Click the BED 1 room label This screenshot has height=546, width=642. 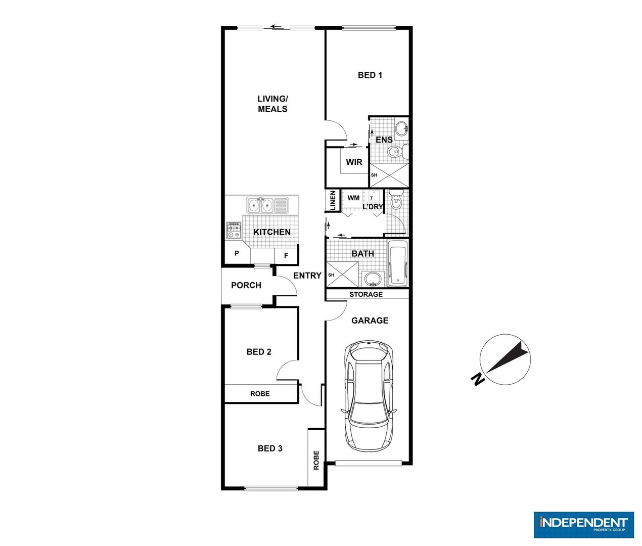point(370,75)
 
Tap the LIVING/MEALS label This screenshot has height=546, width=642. point(272,104)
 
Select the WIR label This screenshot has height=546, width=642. point(354,162)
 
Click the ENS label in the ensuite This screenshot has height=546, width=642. point(384,140)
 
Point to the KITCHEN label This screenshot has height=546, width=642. point(271,232)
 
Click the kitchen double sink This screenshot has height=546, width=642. point(260,205)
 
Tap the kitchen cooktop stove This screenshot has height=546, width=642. point(234,230)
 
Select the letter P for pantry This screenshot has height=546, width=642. point(237,253)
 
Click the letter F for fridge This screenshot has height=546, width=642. point(286,256)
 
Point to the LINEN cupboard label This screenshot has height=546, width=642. point(333,200)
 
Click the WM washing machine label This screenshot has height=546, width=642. point(353,198)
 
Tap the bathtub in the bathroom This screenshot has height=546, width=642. point(397,263)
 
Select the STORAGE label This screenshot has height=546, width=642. point(366,294)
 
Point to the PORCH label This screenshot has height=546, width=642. point(246,285)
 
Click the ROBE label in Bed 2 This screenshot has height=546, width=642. point(260,394)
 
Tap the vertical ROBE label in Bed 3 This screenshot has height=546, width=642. point(316,460)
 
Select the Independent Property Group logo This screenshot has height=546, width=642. point(583,524)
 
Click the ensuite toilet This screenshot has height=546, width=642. point(395,151)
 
